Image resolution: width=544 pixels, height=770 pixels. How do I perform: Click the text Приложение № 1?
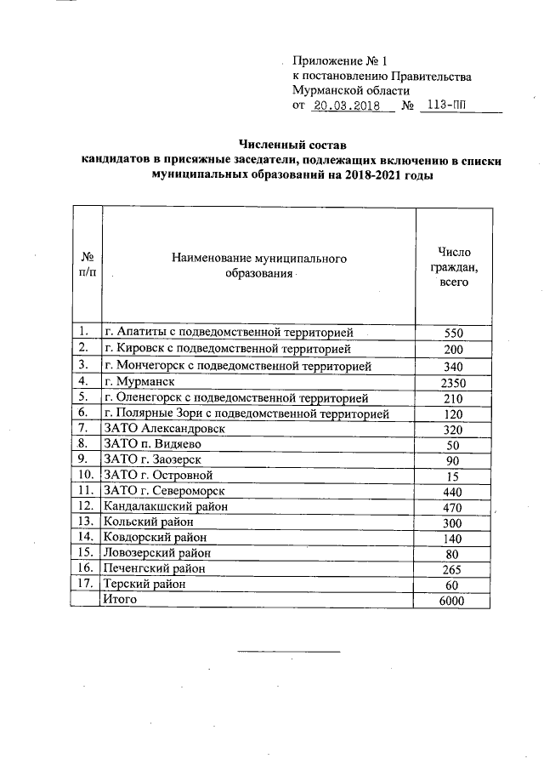[339, 61]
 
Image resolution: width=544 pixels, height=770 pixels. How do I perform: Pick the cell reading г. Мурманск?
[144, 382]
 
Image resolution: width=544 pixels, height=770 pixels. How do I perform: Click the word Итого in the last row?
[119, 599]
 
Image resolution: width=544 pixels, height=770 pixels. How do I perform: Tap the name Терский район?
[144, 584]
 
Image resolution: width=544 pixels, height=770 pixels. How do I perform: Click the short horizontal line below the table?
[288, 651]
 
